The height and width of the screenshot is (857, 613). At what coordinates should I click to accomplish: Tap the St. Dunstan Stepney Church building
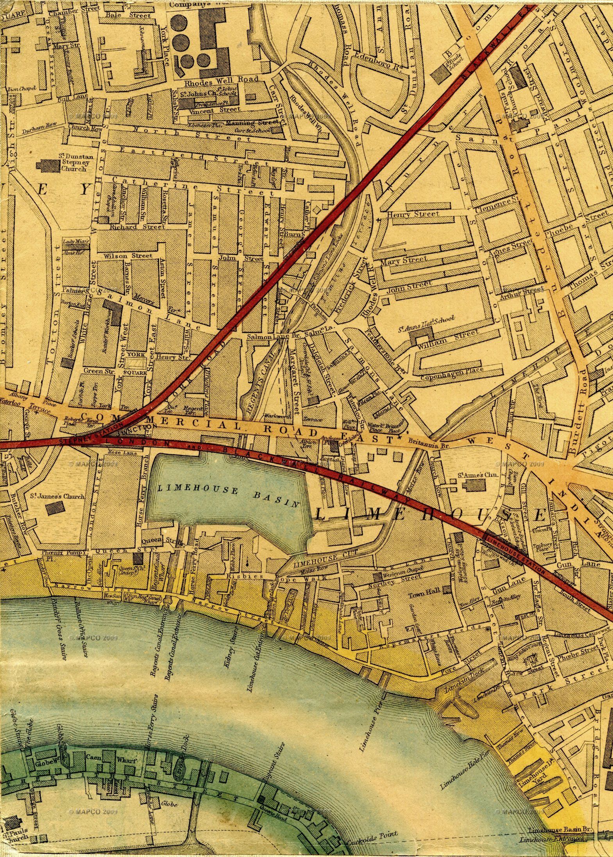click(x=49, y=166)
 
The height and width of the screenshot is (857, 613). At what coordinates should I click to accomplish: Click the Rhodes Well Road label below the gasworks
click(x=222, y=79)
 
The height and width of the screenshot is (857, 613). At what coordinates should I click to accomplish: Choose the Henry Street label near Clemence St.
click(x=413, y=214)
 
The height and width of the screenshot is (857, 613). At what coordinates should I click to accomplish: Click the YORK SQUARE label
click(x=136, y=363)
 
